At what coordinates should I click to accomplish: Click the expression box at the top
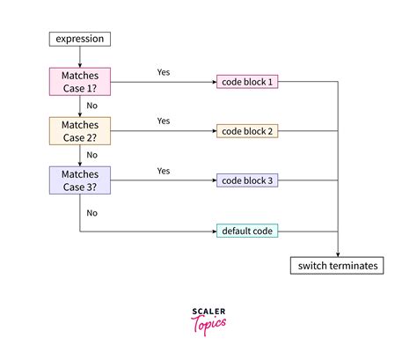tap(79, 40)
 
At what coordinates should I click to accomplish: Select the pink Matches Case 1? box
tap(79, 83)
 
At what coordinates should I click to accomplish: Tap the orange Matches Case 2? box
tap(79, 131)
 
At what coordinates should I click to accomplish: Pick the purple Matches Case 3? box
tap(79, 180)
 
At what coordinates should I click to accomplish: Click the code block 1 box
tap(248, 82)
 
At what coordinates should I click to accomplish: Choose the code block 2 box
tap(248, 131)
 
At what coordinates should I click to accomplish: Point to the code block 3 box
tap(248, 180)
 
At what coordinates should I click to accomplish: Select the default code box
tap(248, 231)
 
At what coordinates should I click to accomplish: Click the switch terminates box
tap(337, 265)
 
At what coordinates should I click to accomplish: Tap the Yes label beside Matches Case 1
tap(164, 71)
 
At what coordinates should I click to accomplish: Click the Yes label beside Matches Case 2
tap(164, 121)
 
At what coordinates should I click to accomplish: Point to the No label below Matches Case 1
tap(91, 106)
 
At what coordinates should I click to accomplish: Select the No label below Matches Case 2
tap(91, 155)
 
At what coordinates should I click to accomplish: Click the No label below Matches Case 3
tap(91, 212)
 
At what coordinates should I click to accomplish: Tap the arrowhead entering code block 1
tap(213, 83)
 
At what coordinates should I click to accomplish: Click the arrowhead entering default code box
tap(213, 231)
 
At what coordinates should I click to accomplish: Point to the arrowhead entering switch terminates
tap(337, 253)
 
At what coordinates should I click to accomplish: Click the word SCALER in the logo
tap(208, 312)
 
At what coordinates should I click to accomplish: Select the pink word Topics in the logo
tap(208, 325)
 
